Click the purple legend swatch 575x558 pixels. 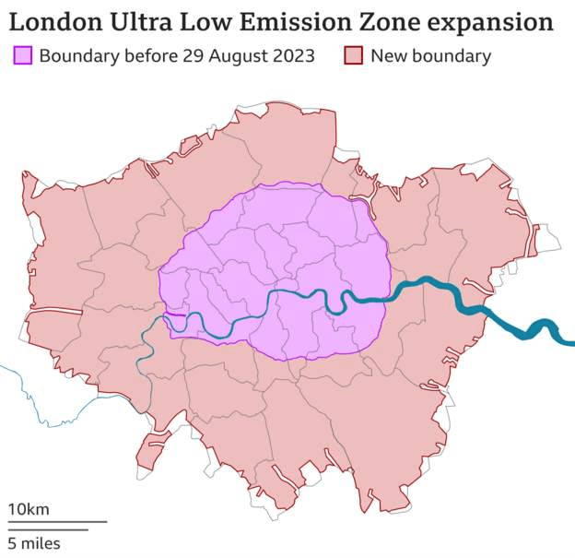(23, 56)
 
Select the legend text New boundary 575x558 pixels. (430, 56)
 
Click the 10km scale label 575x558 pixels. (29, 509)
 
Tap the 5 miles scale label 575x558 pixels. (34, 543)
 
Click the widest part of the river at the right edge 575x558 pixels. (544, 329)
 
